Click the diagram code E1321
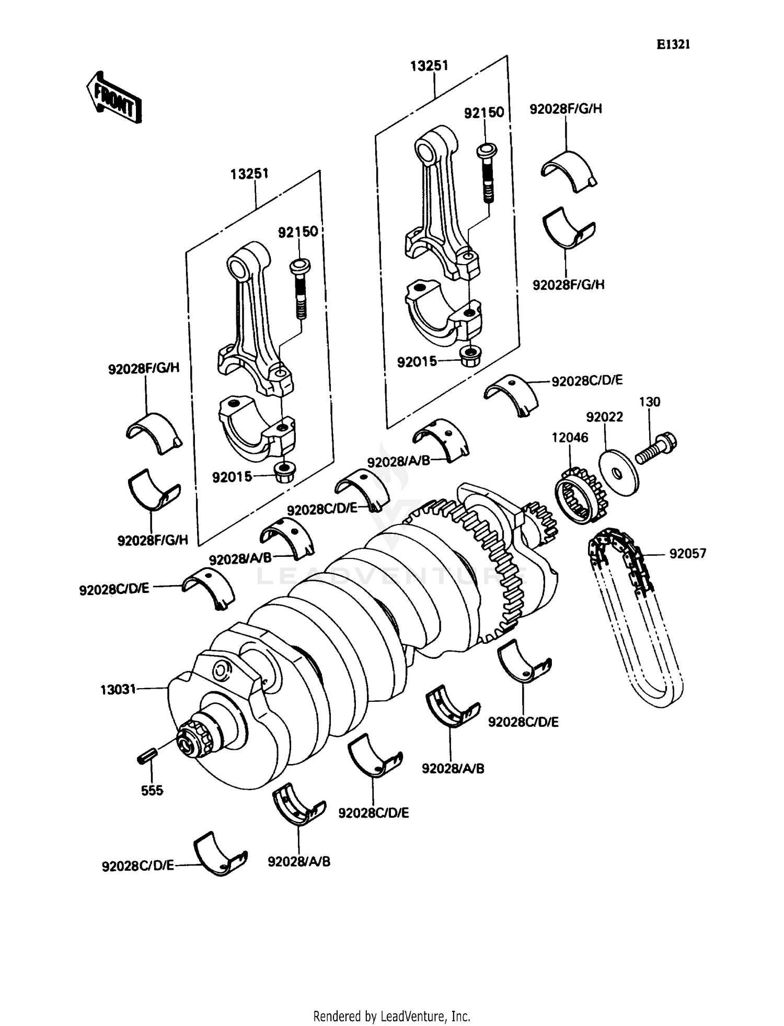pos(673,45)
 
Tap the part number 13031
pos(118,689)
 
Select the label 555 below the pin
pos(152,790)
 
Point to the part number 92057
pos(687,553)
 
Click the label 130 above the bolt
pos(649,402)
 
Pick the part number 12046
pos(570,437)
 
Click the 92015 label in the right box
pos(417,361)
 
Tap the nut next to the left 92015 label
pos(285,473)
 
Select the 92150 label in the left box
pos(298,232)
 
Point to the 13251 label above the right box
pos(429,66)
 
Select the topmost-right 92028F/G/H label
pos(566,109)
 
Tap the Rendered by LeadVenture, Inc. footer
pos(391,1016)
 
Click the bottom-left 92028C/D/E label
pos(138,866)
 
